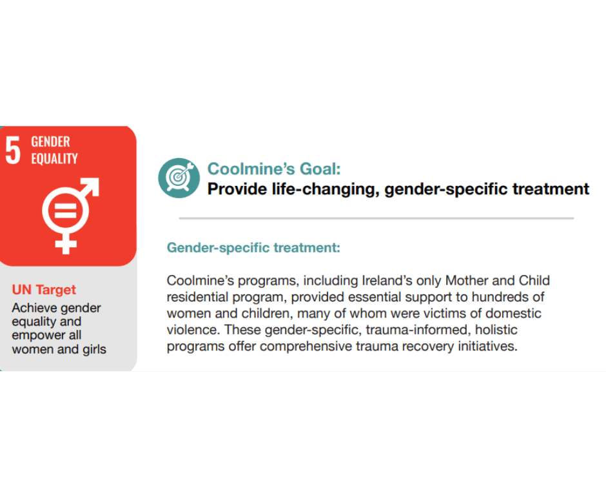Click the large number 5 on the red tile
pyautogui.click(x=13, y=150)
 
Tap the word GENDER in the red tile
pyautogui.click(x=51, y=141)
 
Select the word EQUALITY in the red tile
pyautogui.click(x=55, y=158)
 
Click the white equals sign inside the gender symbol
pyautogui.click(x=65, y=211)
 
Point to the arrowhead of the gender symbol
pyautogui.click(x=91, y=186)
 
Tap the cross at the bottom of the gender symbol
pyautogui.click(x=66, y=244)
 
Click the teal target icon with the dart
pyautogui.click(x=179, y=177)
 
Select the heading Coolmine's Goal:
pyautogui.click(x=274, y=168)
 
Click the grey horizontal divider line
pyautogui.click(x=376, y=218)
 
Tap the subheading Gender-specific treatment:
pyautogui.click(x=253, y=248)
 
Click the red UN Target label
pyautogui.click(x=44, y=290)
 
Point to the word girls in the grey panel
pyautogui.click(x=94, y=350)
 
